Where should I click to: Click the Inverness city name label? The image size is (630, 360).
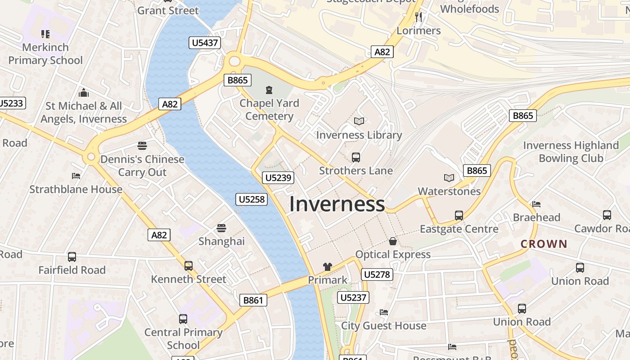(337, 204)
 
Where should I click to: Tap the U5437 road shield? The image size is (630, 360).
(205, 43)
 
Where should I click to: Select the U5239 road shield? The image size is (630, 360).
(279, 178)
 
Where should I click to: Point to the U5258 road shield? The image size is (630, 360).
(252, 199)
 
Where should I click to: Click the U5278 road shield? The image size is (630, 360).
(377, 274)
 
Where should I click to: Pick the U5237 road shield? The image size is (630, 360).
(354, 297)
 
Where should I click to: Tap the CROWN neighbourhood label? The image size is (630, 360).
(544, 244)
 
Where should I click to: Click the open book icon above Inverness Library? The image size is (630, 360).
(359, 121)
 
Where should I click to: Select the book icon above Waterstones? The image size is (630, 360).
(449, 178)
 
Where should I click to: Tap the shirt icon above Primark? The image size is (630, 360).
(327, 267)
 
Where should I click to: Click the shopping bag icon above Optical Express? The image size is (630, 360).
(393, 242)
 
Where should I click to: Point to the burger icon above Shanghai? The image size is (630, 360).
(221, 228)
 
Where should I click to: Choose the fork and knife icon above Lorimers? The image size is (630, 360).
(418, 18)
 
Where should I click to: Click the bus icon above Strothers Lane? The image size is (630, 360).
(355, 157)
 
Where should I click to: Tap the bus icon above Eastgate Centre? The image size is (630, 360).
(459, 216)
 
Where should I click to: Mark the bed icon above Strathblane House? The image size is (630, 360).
(76, 176)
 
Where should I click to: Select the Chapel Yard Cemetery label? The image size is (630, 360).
(269, 109)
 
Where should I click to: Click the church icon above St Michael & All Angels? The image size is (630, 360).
(83, 93)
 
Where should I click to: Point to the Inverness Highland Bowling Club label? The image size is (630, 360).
(571, 152)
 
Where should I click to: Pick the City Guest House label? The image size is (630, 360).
(383, 325)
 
